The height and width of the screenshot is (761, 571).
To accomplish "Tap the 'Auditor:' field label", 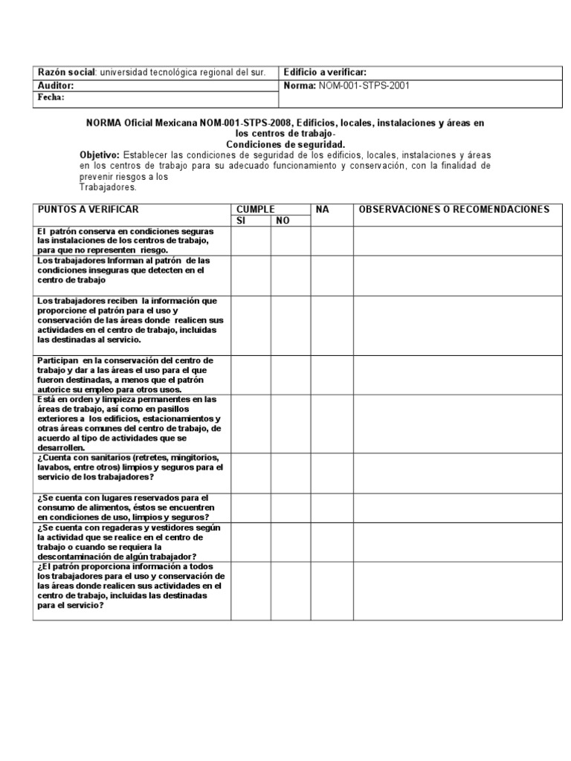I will pyautogui.click(x=56, y=85).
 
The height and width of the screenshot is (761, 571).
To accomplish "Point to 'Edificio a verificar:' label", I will pyautogui.click(x=325, y=72).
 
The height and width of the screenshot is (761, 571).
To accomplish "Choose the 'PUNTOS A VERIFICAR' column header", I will pyautogui.click(x=88, y=210).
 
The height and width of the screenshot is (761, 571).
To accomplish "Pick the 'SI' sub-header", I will pyautogui.click(x=240, y=221).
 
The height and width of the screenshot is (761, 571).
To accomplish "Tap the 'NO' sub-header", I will pyautogui.click(x=283, y=221).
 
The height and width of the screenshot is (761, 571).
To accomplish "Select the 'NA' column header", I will pyautogui.click(x=322, y=210).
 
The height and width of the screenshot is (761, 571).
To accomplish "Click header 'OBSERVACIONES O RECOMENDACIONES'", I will pyautogui.click(x=454, y=210).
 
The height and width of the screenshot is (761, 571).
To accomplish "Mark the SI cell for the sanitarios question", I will pyautogui.click(x=251, y=473).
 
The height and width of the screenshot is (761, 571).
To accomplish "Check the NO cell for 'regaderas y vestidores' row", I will pyautogui.click(x=290, y=543).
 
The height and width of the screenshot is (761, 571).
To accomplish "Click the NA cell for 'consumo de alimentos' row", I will pyautogui.click(x=332, y=508).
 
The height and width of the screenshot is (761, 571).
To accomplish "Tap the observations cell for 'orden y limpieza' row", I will pyautogui.click(x=457, y=424).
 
